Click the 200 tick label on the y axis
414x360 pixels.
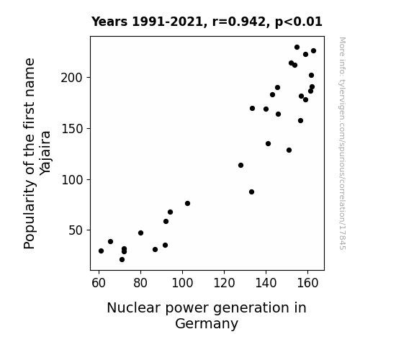(72, 78)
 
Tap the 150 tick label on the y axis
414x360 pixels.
(72, 129)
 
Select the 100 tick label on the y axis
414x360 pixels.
(72, 180)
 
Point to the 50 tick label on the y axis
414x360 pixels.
(76, 230)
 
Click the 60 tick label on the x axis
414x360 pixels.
(99, 283)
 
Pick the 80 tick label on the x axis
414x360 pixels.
(140, 283)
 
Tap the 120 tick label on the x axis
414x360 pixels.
(224, 283)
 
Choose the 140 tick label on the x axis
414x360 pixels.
(266, 283)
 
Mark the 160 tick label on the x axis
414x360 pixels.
(307, 283)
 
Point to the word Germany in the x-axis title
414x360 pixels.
(207, 323)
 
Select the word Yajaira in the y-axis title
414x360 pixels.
(45, 153)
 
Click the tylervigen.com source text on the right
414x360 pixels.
(342, 143)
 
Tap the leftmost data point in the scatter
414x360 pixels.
(101, 251)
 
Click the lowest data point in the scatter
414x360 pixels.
(122, 260)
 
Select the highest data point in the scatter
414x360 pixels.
(297, 48)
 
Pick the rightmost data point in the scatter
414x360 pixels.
(314, 50)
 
